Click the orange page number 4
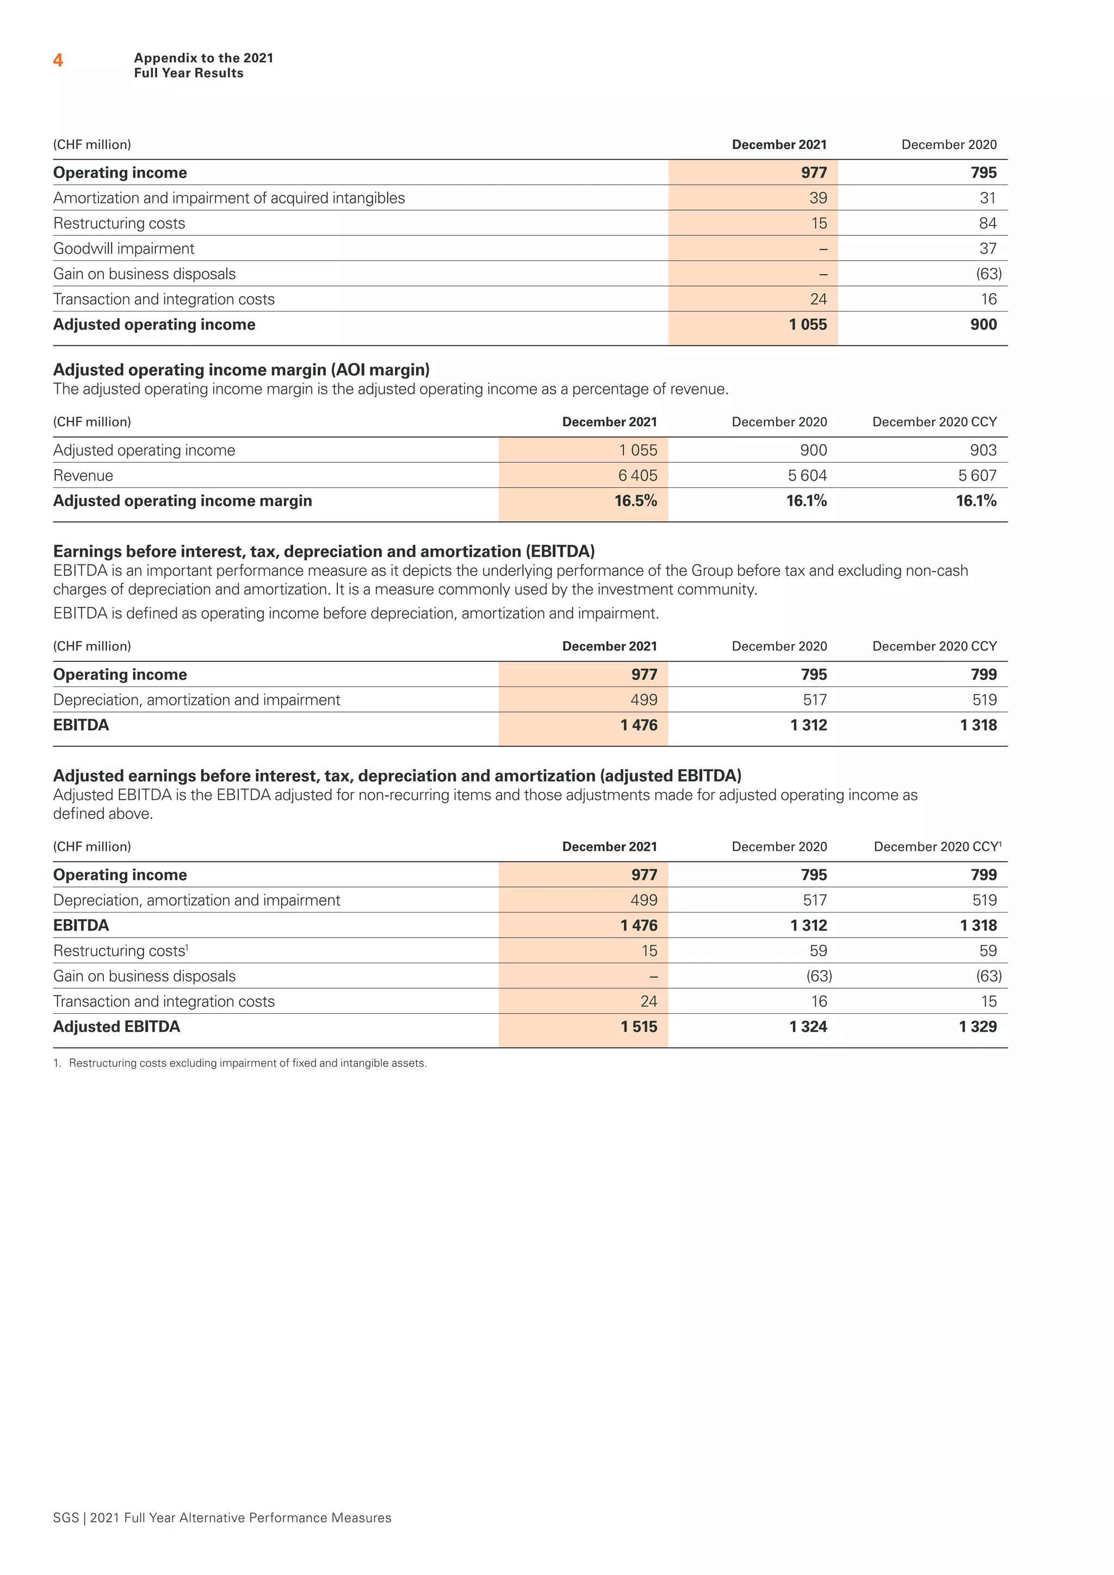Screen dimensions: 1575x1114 click(x=58, y=60)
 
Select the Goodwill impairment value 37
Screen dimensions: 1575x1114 click(x=987, y=249)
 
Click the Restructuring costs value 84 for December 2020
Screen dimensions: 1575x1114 click(x=987, y=223)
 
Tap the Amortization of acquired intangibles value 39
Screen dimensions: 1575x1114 click(x=818, y=197)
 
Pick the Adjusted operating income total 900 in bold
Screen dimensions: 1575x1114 click(x=983, y=325)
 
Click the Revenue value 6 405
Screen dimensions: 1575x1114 click(x=638, y=475)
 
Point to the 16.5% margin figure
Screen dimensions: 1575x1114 click(x=635, y=501)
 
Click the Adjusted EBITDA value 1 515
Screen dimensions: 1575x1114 click(x=639, y=1026)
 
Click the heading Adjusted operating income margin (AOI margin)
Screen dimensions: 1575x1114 click(x=242, y=370)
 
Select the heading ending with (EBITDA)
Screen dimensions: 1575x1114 click(x=324, y=551)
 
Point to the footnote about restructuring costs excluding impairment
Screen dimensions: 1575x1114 click(x=240, y=1063)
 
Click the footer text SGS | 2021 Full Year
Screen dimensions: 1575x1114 click(x=221, y=1517)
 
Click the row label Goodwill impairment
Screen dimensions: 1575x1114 click(x=124, y=249)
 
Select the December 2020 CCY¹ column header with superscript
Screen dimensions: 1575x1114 click(x=937, y=846)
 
